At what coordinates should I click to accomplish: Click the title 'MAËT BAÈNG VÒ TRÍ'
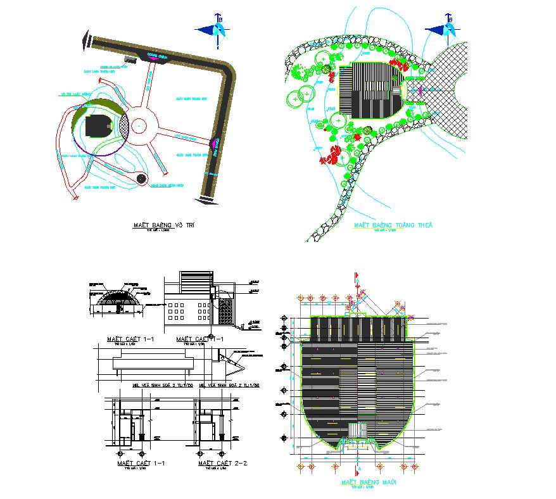click(167, 225)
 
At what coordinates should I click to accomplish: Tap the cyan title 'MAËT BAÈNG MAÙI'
click(369, 483)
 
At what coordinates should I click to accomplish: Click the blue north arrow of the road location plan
click(213, 29)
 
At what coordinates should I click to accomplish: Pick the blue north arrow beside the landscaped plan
click(443, 29)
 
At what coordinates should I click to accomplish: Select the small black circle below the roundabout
click(141, 179)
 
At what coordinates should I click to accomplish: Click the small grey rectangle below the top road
click(130, 60)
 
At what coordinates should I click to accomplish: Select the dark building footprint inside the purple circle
click(97, 126)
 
